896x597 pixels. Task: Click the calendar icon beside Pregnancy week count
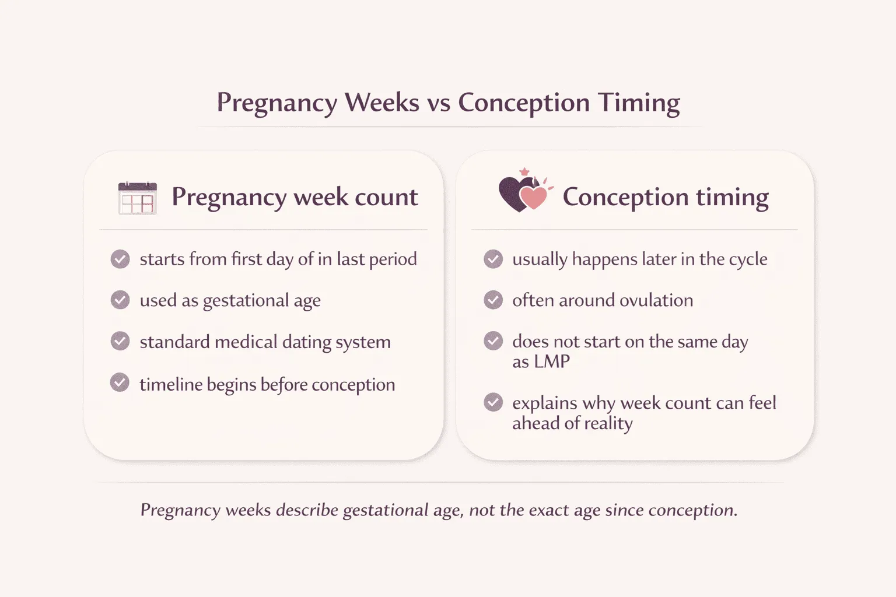[x=138, y=198]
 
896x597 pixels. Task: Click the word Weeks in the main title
[x=382, y=103]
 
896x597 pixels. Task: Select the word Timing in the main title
[x=639, y=103]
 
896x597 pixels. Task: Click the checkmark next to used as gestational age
[x=120, y=300]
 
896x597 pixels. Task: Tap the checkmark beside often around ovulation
[x=493, y=300]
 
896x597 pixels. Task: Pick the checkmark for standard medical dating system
[x=120, y=341]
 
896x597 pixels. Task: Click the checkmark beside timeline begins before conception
[x=120, y=383]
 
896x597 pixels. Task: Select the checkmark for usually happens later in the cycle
[x=493, y=258]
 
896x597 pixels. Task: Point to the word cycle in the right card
[x=748, y=259]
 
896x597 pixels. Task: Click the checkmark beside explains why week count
[x=493, y=402]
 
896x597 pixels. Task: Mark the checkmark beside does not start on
[x=493, y=341]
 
